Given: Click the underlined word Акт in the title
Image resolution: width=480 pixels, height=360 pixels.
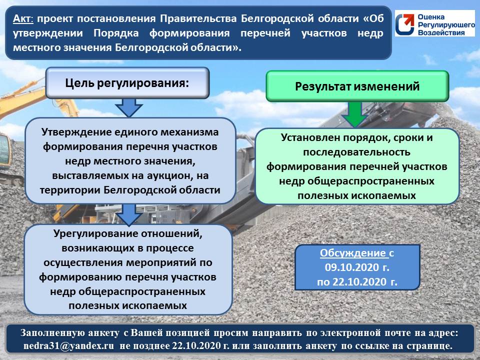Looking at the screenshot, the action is pyautogui.click(x=22, y=19).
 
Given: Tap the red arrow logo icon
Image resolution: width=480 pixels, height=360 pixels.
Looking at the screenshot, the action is pyautogui.click(x=405, y=23).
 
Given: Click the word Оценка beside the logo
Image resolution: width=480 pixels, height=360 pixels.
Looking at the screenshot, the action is pyautogui.click(x=431, y=17).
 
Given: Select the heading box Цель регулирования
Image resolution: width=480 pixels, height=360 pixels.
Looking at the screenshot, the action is pyautogui.click(x=127, y=83).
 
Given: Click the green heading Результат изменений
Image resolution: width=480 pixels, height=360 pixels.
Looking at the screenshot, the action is pyautogui.click(x=357, y=86).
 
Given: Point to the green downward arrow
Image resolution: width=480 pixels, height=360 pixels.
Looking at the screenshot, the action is pyautogui.click(x=355, y=114).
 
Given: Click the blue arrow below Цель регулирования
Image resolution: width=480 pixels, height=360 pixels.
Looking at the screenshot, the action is pyautogui.click(x=129, y=108).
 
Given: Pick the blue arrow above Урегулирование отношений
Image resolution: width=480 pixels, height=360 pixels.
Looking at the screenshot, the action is pyautogui.click(x=129, y=215).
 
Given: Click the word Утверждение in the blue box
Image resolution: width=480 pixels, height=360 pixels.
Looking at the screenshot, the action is pyautogui.click(x=75, y=132).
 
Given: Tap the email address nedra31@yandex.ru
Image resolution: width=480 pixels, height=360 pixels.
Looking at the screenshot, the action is pyautogui.click(x=69, y=346).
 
